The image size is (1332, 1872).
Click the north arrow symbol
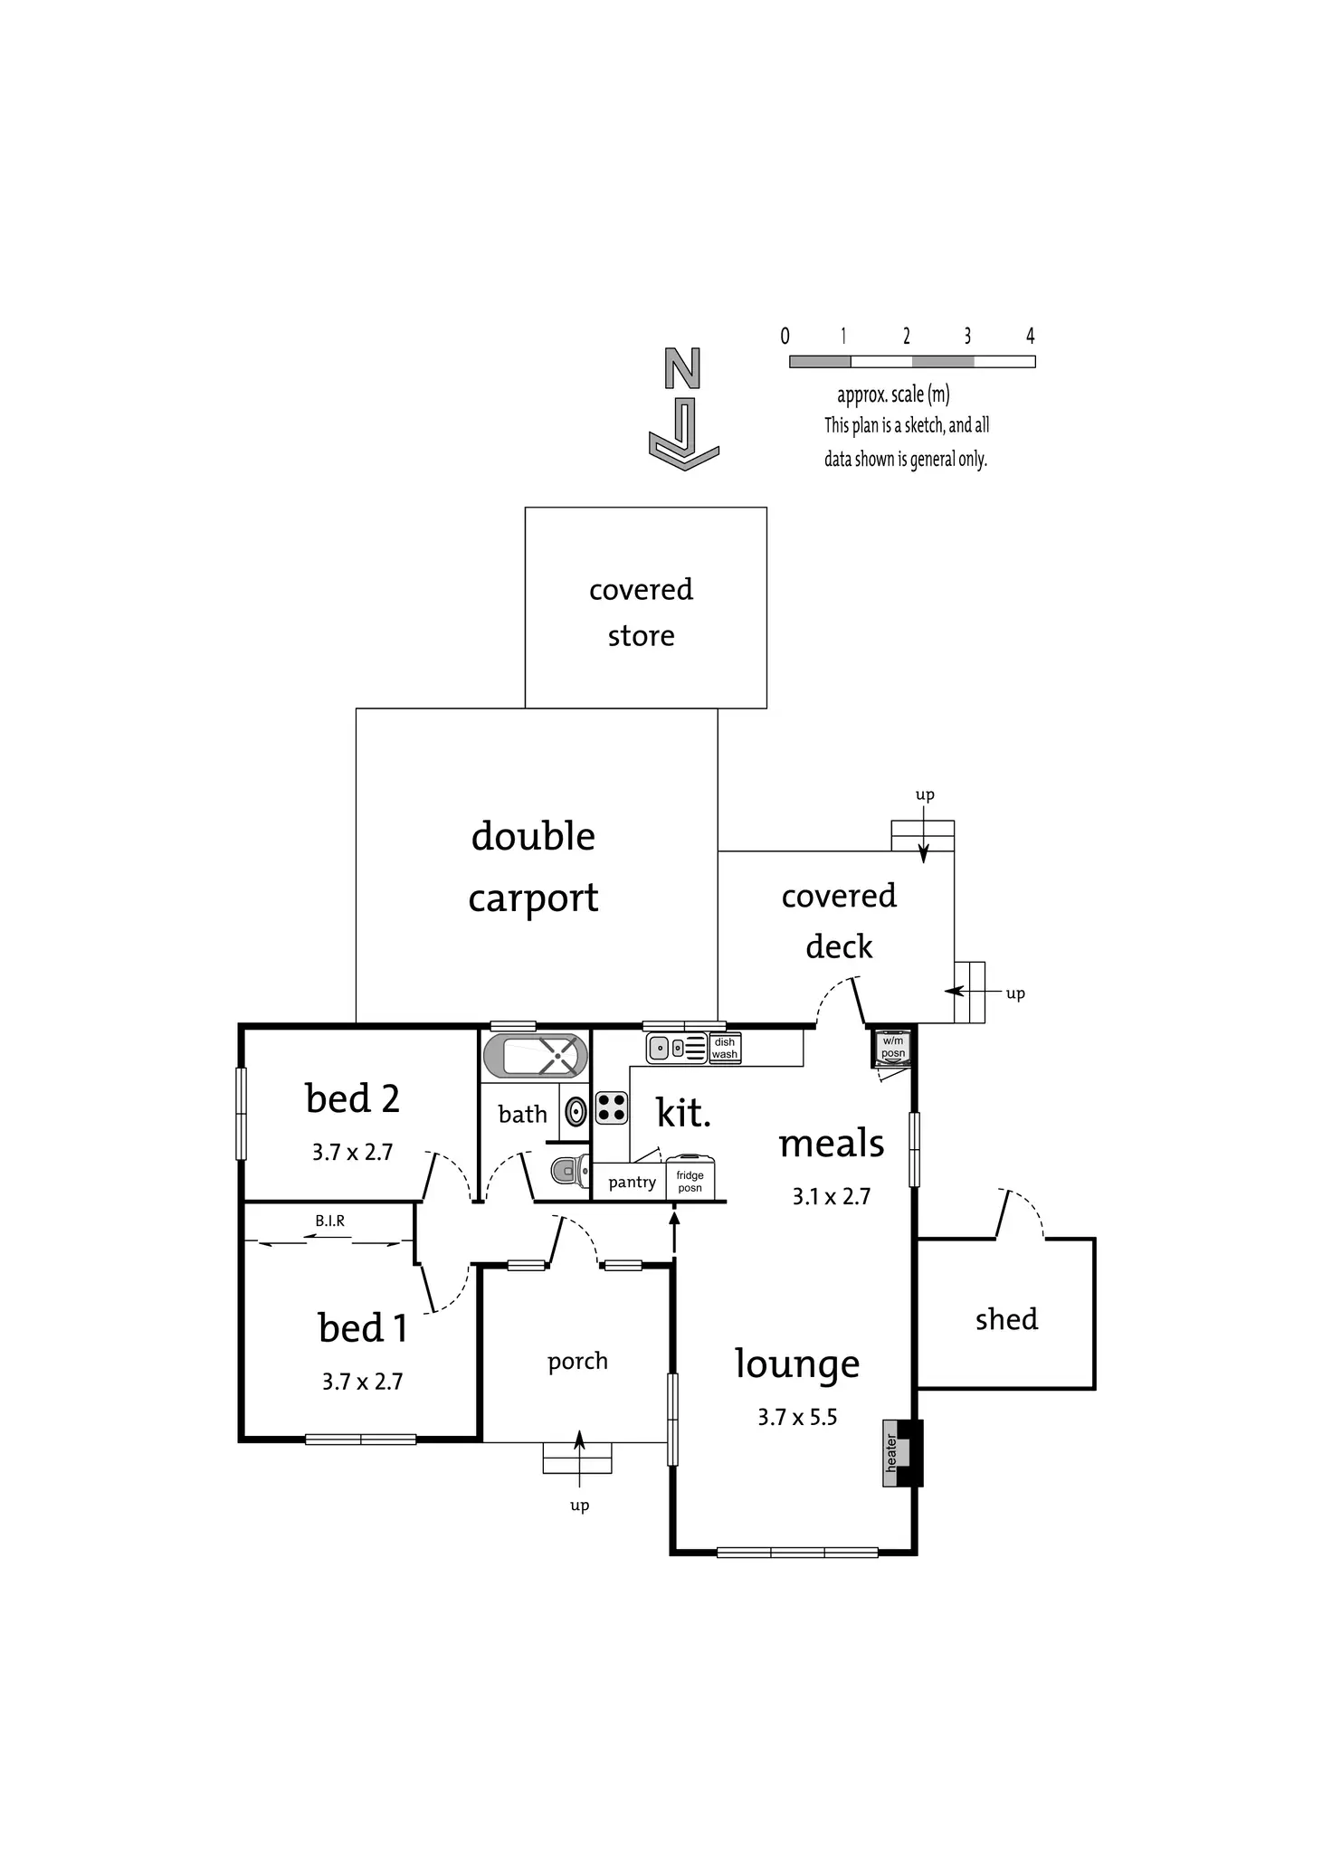point(683,409)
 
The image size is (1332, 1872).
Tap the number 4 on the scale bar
point(1030,336)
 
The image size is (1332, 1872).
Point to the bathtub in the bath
point(536,1055)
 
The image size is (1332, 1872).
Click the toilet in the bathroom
point(570,1171)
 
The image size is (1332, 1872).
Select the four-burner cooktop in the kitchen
point(613,1107)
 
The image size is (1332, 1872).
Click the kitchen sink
point(677,1048)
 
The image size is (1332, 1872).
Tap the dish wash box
point(725,1048)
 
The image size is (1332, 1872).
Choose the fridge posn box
point(690,1180)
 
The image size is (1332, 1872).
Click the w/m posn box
point(893,1047)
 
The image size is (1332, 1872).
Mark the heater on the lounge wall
point(902,1452)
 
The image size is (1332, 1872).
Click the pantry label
point(633,1183)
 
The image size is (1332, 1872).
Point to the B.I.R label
point(330,1221)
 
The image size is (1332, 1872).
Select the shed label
point(1006,1319)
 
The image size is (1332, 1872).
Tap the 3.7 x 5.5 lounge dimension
point(797,1417)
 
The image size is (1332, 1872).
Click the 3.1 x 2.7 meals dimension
point(832,1196)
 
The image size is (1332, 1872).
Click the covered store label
point(641,613)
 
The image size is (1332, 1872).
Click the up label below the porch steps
point(580,1506)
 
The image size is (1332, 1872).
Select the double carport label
point(533,867)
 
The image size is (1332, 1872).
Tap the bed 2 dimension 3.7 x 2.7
point(352,1152)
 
